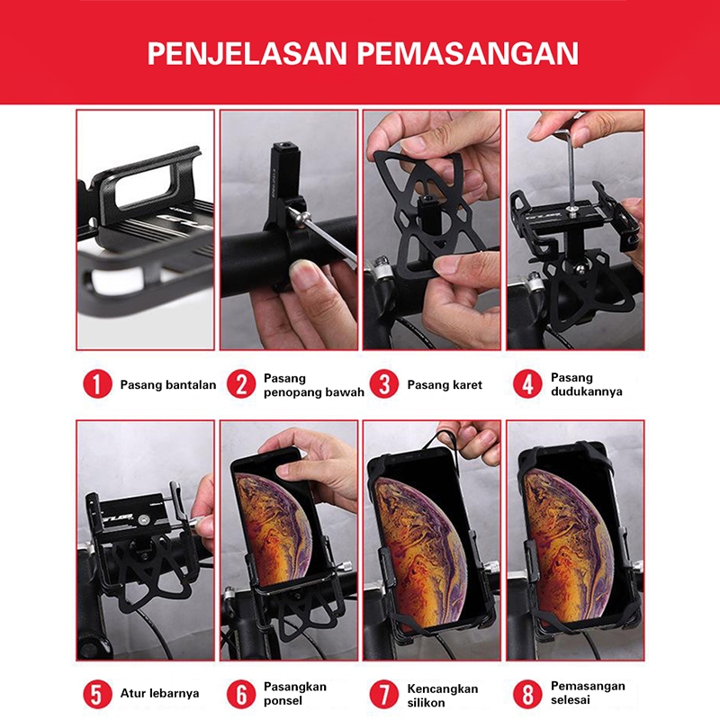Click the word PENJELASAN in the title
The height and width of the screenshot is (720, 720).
[247, 54]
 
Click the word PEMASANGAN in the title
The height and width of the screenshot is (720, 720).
[467, 54]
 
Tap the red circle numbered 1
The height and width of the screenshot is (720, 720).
[97, 384]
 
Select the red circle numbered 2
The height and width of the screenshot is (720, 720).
[241, 384]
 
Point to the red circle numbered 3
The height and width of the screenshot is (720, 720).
[384, 384]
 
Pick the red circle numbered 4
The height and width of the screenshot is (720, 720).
[527, 384]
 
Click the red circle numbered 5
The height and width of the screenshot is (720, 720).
[97, 693]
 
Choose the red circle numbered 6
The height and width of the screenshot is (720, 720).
[241, 693]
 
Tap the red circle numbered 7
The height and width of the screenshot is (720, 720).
[384, 693]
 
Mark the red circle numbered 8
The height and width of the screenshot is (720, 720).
[527, 693]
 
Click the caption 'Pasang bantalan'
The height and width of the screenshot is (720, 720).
[168, 385]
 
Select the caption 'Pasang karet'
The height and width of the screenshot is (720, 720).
[445, 385]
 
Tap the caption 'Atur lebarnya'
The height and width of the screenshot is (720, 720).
[160, 693]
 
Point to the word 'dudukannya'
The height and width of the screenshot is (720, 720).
[587, 391]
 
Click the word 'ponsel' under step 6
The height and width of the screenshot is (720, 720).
[283, 701]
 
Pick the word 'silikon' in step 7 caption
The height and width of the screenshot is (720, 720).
[426, 703]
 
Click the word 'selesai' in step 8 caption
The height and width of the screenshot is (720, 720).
[571, 700]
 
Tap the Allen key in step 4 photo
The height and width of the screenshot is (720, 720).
[571, 166]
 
